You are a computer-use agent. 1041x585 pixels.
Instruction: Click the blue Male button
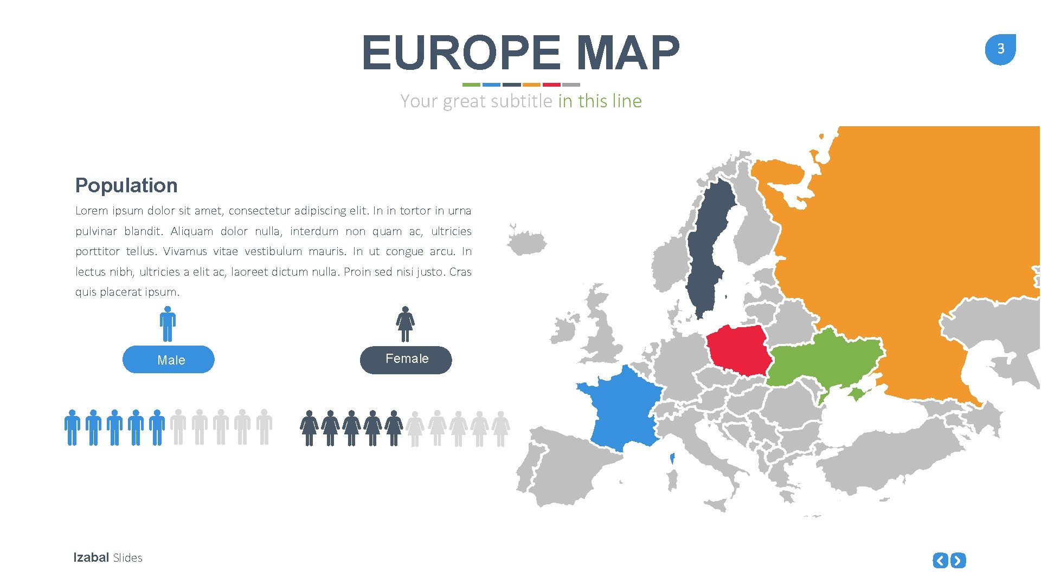pyautogui.click(x=168, y=360)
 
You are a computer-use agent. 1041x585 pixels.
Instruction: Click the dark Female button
pyautogui.click(x=406, y=360)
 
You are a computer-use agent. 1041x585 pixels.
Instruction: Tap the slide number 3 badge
pyautogui.click(x=1000, y=49)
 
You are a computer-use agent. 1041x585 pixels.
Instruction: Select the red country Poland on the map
pyautogui.click(x=737, y=350)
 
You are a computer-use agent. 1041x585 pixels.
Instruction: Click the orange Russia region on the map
pyautogui.click(x=911, y=244)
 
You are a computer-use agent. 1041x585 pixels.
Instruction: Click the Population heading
pyautogui.click(x=126, y=185)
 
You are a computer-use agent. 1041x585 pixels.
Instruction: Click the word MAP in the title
pyautogui.click(x=627, y=53)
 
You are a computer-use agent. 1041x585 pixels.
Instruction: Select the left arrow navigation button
pyautogui.click(x=940, y=560)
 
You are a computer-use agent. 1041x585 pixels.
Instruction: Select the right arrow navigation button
pyautogui.click(x=959, y=560)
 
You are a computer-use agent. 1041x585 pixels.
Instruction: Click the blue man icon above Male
pyautogui.click(x=168, y=324)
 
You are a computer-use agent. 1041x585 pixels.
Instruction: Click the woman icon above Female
pyautogui.click(x=405, y=324)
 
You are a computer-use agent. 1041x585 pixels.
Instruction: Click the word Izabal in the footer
pyautogui.click(x=91, y=557)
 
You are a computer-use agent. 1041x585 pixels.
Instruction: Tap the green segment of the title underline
pyautogui.click(x=471, y=84)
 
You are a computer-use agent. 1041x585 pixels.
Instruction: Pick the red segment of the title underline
pyautogui.click(x=551, y=84)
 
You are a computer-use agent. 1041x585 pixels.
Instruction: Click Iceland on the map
pyautogui.click(x=526, y=242)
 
